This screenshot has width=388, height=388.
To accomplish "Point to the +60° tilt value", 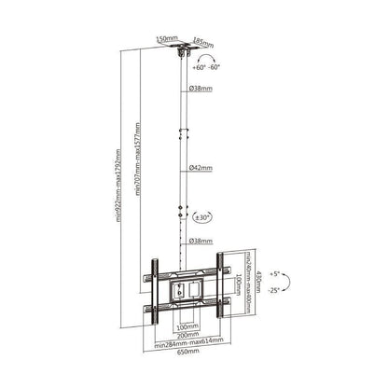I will pyautogui.click(x=199, y=67).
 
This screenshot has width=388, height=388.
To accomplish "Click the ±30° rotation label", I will pyautogui.click(x=204, y=217).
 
